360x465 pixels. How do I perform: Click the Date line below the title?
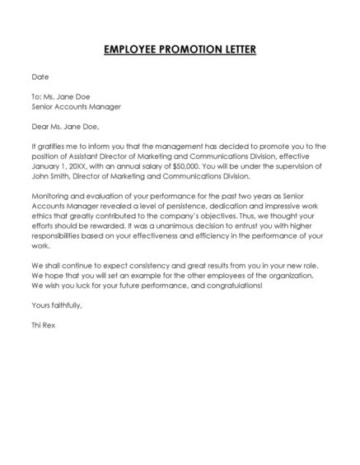[x=40, y=77]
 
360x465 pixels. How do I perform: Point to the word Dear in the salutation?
[x=40, y=127]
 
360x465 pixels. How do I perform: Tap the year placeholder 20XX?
[x=82, y=165]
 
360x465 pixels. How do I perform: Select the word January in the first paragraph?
[x=47, y=165]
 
